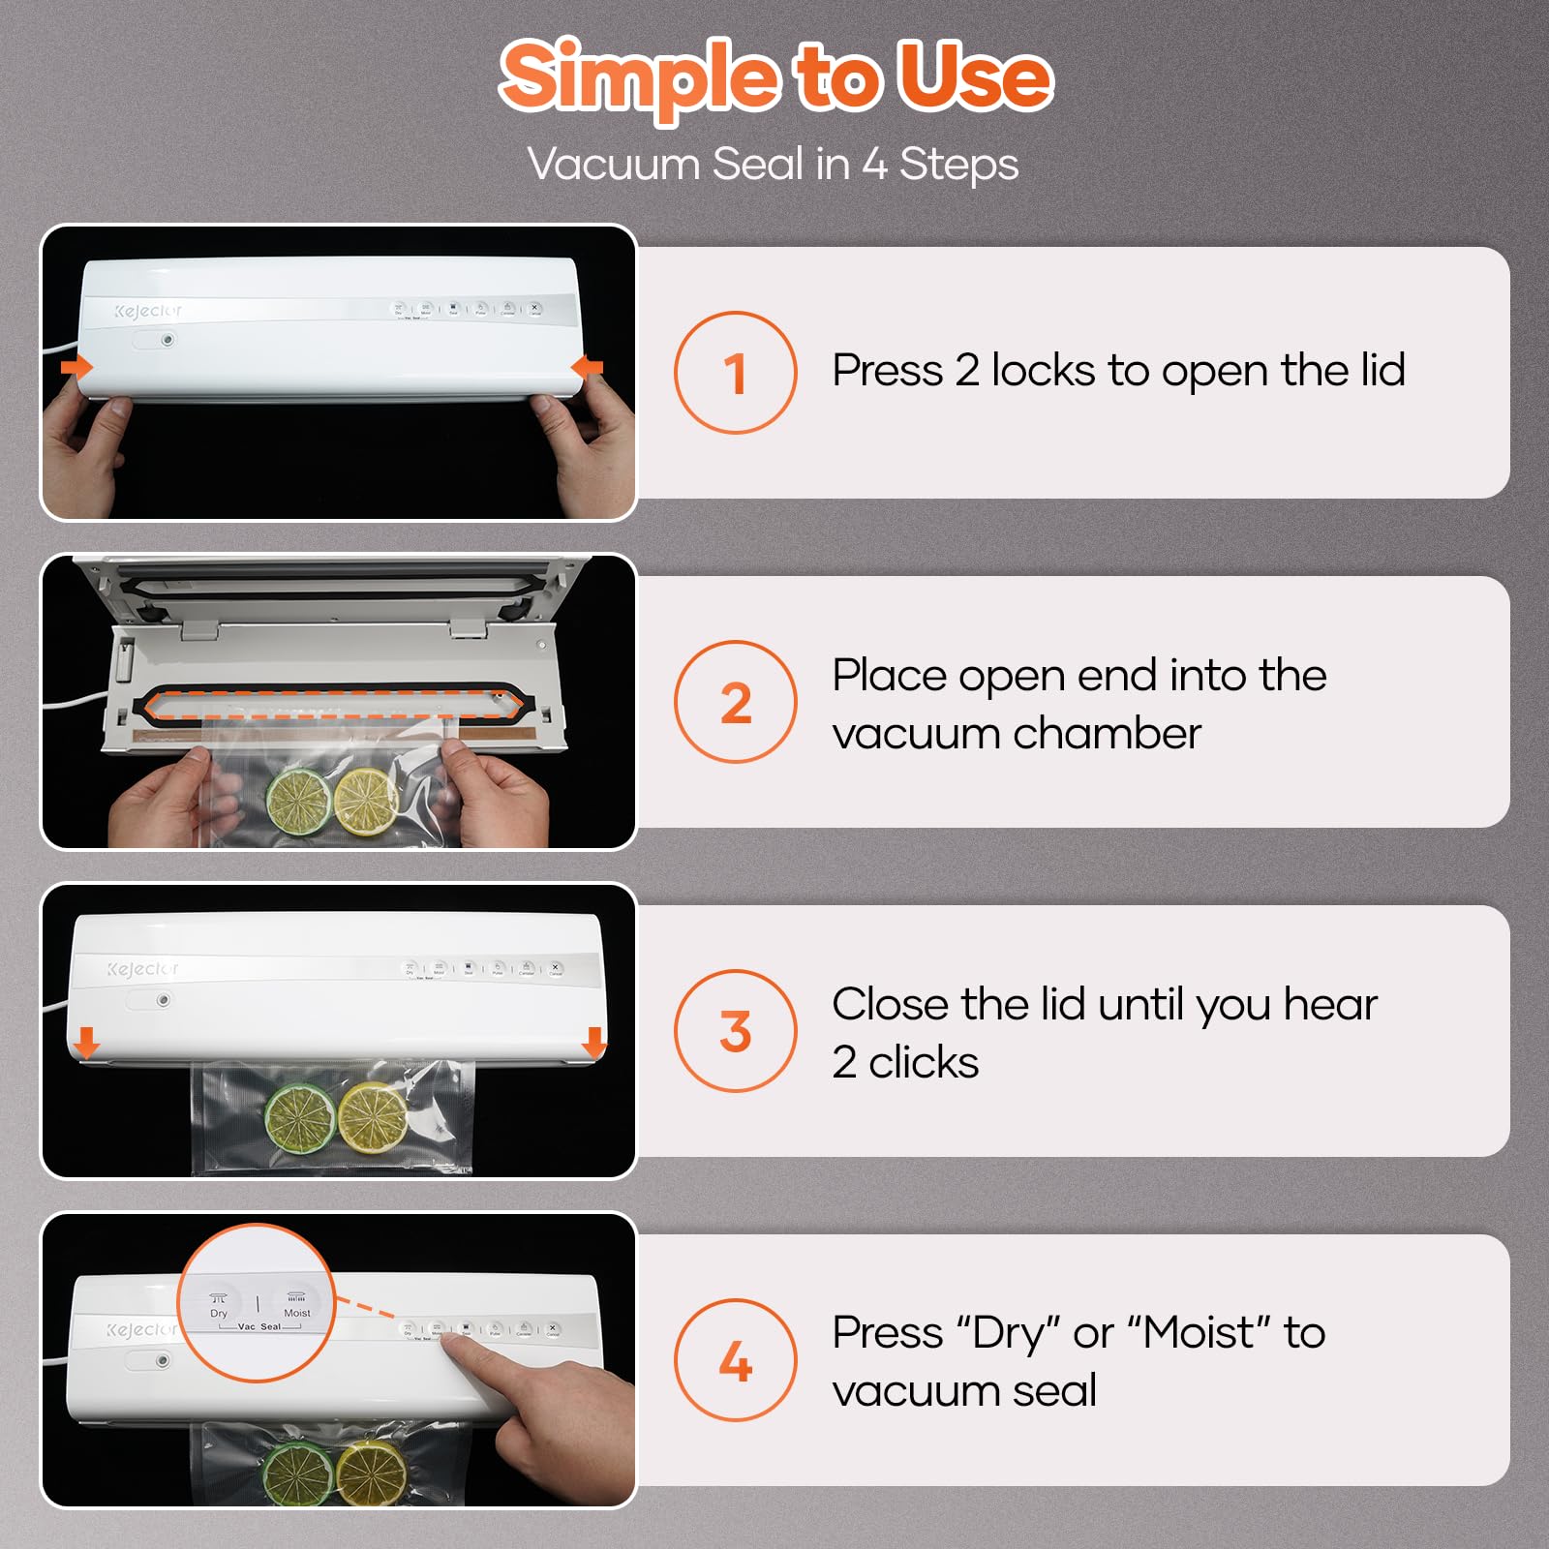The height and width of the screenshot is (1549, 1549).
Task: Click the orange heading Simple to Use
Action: [774, 77]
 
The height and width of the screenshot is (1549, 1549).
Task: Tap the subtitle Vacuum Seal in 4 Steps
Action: [773, 164]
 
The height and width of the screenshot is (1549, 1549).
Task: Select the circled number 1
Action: [735, 373]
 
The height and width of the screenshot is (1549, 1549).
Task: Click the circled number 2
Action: [735, 702]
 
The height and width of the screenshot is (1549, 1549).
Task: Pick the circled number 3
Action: [735, 1031]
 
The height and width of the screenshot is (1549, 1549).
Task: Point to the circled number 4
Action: [735, 1360]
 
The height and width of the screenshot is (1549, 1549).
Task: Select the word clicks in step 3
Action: [924, 1063]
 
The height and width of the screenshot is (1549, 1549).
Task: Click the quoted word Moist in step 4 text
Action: [1199, 1333]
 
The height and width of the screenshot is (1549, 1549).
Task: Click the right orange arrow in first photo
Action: [588, 367]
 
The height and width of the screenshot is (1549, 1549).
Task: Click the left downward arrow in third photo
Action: [87, 1043]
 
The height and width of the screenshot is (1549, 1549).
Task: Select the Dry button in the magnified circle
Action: [219, 1303]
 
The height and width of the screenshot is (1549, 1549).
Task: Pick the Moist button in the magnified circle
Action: [296, 1303]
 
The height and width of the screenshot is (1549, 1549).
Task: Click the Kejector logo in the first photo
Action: [147, 311]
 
